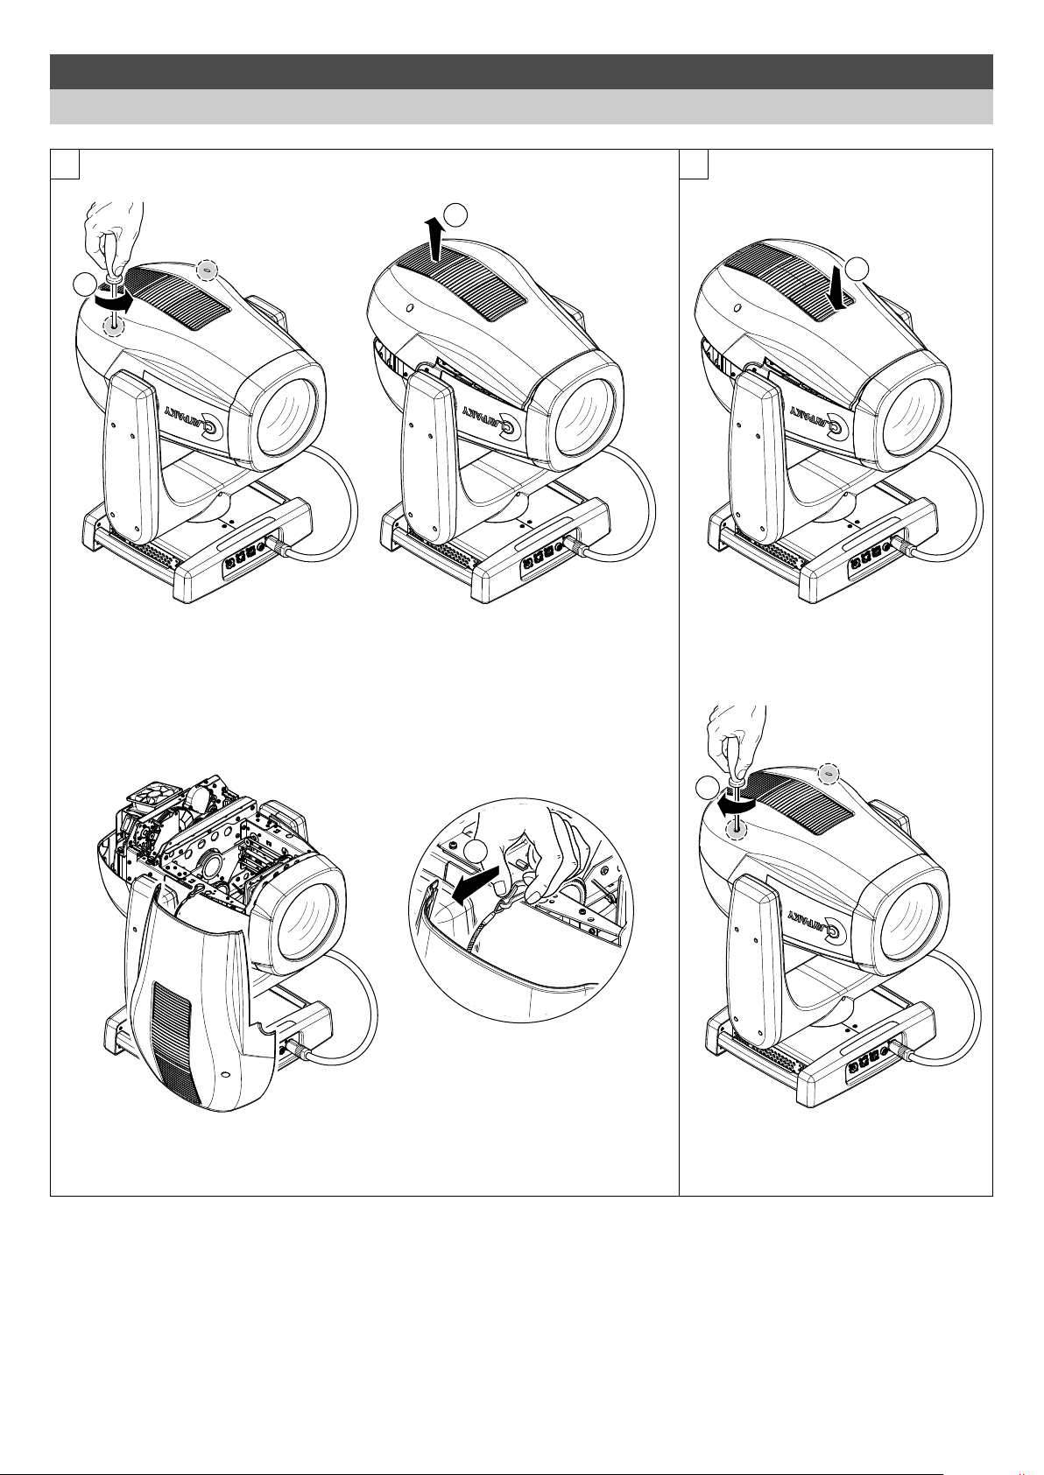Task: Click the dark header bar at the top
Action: [x=521, y=72]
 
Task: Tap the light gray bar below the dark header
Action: [x=521, y=107]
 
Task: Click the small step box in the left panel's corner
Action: [x=66, y=164]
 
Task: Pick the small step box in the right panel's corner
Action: [x=695, y=164]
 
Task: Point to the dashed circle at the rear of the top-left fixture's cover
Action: [x=206, y=270]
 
